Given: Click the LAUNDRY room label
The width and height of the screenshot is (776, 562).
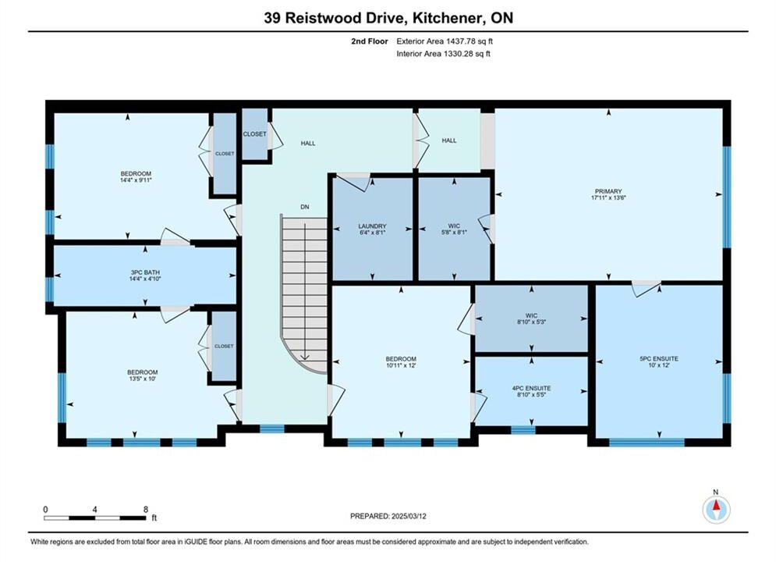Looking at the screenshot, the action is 372,226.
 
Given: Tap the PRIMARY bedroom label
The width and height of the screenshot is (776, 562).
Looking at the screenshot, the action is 608,191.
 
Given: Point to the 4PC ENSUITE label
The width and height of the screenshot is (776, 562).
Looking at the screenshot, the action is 531,388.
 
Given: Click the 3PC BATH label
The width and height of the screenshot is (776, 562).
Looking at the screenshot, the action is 145,272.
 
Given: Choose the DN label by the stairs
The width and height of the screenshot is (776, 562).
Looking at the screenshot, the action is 305,207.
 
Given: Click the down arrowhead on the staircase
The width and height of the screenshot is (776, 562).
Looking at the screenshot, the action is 304,357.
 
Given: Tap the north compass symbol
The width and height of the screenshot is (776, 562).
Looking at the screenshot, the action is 716,508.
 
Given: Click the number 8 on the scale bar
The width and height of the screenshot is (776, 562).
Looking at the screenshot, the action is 146,509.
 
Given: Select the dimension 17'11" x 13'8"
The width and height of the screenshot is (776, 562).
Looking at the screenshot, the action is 608,197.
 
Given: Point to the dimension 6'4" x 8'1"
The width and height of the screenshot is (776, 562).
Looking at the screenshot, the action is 372,233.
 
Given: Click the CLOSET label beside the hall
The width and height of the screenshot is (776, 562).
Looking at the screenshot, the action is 254,134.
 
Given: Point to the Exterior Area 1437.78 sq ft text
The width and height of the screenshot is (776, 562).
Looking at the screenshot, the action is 445,41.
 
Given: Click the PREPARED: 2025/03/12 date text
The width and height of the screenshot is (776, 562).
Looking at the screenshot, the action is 388,516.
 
